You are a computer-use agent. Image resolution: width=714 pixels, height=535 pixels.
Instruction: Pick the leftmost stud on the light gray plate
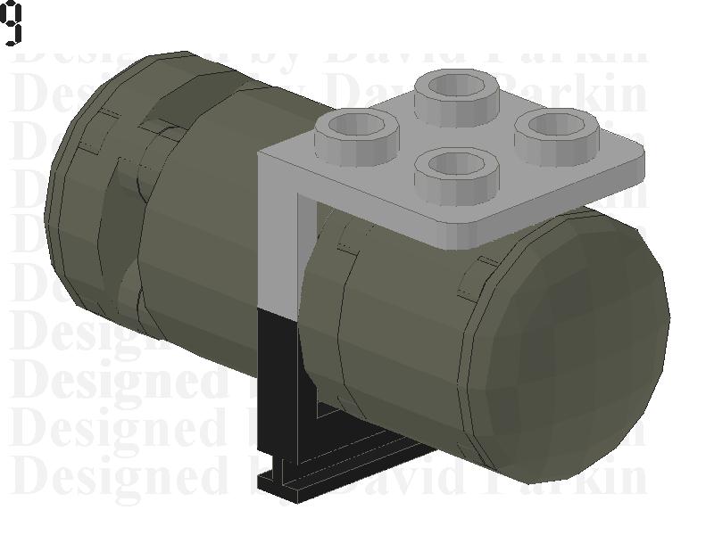click(356, 135)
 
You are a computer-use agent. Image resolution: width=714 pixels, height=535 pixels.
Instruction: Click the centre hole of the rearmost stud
click(461, 86)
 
